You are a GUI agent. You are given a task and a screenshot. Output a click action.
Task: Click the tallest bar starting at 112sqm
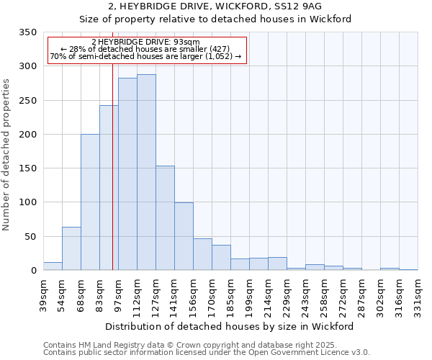(x=146, y=173)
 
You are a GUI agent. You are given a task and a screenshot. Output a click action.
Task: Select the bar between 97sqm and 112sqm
(x=127, y=174)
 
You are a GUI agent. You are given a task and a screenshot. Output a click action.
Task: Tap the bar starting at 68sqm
(x=90, y=202)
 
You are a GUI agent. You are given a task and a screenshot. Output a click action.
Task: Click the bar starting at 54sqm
(x=71, y=248)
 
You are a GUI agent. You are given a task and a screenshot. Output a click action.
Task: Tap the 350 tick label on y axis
(x=27, y=32)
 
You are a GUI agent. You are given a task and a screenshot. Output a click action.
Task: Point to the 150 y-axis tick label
(x=27, y=168)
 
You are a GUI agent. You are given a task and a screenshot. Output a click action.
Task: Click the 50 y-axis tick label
(x=30, y=236)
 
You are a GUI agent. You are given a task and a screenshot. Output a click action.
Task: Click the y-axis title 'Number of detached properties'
(x=6, y=155)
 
